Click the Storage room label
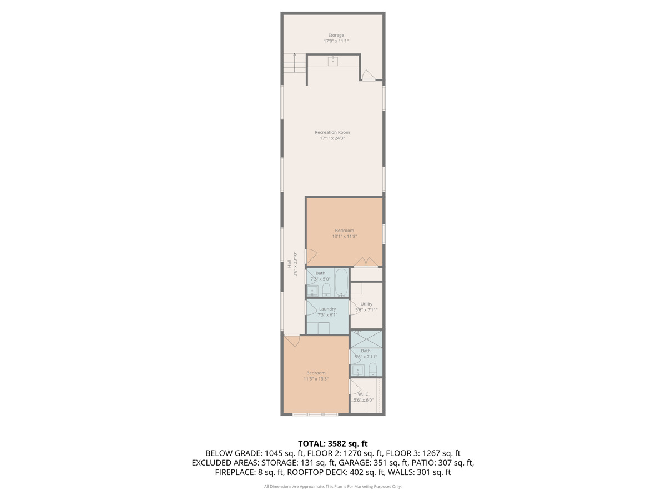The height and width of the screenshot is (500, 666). [336, 36]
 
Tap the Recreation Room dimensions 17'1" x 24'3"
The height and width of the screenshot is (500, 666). [332, 138]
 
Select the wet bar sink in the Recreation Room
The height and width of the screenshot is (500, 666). [333, 61]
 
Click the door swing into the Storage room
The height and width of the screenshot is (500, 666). [368, 75]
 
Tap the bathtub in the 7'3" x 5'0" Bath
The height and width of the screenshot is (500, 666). [341, 282]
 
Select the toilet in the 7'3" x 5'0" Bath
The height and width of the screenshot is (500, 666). [326, 290]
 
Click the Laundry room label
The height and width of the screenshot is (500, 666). [327, 309]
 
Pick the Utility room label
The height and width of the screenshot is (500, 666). [366, 304]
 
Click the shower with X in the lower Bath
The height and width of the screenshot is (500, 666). [366, 339]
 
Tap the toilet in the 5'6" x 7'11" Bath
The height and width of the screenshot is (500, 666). [373, 369]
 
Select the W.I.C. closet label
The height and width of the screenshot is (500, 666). [364, 394]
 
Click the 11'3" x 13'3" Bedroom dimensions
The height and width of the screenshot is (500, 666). [316, 379]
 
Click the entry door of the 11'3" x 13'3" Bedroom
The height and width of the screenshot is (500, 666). [291, 339]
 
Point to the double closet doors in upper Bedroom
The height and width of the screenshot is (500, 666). [366, 262]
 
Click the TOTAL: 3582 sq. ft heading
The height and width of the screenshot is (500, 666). [332, 443]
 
